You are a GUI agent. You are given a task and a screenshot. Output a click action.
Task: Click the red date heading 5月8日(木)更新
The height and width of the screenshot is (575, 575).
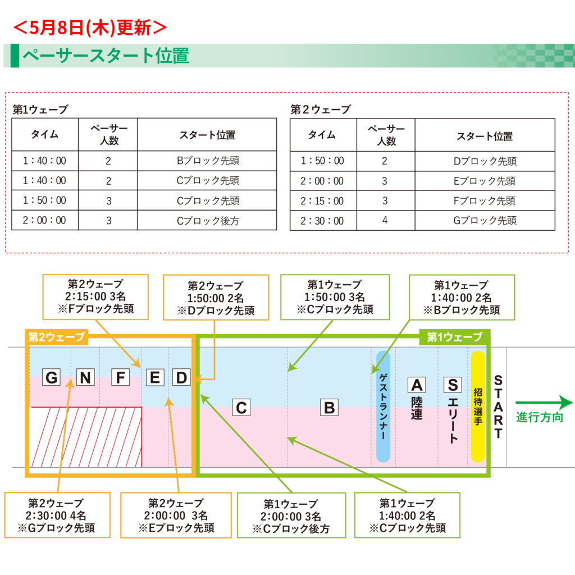click(90, 28)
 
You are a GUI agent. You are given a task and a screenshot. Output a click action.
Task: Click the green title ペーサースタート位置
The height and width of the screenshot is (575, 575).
click(106, 56)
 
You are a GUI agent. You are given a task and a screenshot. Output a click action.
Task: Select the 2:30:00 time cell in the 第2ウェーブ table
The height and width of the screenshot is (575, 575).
click(323, 220)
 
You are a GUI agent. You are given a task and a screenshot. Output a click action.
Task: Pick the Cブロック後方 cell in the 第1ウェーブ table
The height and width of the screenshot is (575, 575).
click(207, 220)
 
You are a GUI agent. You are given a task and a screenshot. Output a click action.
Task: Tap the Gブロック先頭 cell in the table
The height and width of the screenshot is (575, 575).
click(485, 220)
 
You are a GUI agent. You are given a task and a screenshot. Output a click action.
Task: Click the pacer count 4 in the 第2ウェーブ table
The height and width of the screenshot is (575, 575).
click(385, 220)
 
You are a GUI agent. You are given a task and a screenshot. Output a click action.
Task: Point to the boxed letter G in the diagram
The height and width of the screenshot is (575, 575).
click(51, 377)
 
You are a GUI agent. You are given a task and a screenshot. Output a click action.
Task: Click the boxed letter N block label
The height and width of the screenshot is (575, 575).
click(85, 377)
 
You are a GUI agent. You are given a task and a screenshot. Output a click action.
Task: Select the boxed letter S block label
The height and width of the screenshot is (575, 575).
click(453, 385)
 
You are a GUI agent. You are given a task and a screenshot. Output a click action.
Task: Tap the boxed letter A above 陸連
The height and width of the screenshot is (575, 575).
click(417, 385)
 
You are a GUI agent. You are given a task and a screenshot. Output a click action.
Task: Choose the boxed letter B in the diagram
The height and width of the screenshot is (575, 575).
click(329, 408)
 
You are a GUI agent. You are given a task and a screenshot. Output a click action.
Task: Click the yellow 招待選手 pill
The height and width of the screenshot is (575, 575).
click(478, 407)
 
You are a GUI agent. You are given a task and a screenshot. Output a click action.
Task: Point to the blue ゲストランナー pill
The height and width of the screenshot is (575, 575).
click(383, 407)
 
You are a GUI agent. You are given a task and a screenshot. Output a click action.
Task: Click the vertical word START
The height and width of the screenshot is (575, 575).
click(498, 407)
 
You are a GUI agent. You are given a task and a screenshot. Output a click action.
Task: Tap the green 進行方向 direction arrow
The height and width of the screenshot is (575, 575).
click(544, 403)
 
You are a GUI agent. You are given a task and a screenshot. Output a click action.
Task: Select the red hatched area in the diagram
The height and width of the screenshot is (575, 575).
click(86, 437)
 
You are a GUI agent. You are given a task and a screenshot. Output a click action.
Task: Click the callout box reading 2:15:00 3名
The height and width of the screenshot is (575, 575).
click(95, 296)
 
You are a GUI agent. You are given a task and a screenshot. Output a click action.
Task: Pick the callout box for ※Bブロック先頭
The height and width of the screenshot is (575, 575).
click(462, 298)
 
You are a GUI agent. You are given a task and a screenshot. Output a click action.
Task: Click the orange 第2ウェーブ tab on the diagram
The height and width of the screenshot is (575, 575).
click(57, 337)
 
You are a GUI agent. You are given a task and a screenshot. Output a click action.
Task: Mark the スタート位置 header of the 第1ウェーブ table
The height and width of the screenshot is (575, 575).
click(207, 135)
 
